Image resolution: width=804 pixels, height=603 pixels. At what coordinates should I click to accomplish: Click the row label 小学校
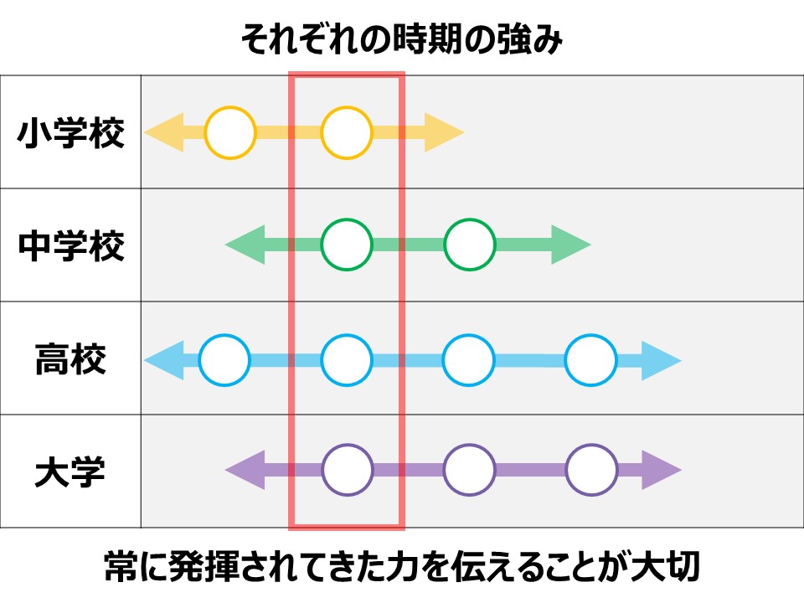71,133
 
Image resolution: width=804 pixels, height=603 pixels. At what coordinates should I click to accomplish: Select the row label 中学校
71,246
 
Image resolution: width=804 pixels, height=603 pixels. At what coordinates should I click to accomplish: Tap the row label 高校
71,359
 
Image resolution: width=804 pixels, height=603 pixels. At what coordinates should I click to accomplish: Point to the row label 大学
71,472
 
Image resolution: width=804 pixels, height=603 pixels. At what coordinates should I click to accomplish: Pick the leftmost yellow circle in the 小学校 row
229,133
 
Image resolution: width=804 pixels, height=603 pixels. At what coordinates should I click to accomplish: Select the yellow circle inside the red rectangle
346,133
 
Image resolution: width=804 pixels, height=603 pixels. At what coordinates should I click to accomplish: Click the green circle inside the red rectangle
346,245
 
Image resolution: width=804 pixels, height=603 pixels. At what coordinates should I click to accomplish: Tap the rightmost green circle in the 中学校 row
469,245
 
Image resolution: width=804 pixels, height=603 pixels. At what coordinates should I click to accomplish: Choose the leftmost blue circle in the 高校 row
224,359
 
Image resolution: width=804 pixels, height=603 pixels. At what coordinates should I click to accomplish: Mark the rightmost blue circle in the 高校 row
591,359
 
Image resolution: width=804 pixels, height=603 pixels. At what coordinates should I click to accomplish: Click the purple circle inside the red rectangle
346,471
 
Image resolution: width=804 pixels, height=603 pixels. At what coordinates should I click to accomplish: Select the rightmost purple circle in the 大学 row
591,471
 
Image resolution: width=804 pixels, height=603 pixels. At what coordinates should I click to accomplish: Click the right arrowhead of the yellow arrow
444,133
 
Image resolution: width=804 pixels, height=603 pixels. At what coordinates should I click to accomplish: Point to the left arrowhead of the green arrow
244,245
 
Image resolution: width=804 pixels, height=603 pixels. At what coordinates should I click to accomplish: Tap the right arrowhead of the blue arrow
662,359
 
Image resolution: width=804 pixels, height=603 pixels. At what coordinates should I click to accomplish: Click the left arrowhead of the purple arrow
244,471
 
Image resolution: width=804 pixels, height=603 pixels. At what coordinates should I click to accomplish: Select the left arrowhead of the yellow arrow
163,133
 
